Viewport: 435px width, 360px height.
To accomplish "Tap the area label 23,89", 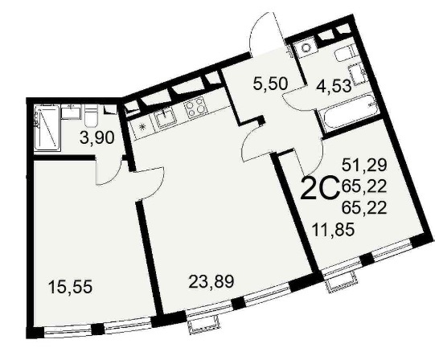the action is click(211, 281).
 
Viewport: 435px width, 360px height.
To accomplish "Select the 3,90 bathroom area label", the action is click(96, 138).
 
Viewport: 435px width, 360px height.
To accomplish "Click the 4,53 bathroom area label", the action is click(334, 86).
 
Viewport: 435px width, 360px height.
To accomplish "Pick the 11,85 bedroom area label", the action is click(333, 230).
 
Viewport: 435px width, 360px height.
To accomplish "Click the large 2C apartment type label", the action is click(321, 187).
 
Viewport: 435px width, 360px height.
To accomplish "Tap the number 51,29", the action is click(364, 166).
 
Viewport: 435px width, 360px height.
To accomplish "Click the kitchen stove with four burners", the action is click(195, 109).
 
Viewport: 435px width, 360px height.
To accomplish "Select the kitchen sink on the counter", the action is click(166, 118).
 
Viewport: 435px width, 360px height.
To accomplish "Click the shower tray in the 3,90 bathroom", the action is click(47, 128).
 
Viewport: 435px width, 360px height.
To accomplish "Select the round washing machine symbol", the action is click(306, 47).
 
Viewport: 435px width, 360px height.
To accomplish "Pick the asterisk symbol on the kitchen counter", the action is click(143, 127).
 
